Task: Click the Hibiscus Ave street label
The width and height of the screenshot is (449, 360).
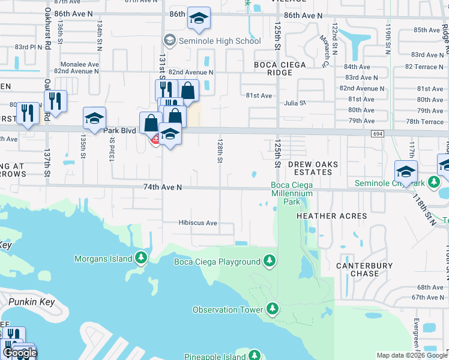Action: click(197, 223)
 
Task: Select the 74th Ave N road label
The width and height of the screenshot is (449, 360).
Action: click(162, 187)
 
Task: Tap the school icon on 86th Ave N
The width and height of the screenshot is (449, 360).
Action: click(198, 19)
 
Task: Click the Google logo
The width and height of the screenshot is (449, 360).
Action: click(20, 353)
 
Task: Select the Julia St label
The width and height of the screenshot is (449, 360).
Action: click(295, 103)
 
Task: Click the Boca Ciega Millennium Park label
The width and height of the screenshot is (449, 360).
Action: click(292, 194)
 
